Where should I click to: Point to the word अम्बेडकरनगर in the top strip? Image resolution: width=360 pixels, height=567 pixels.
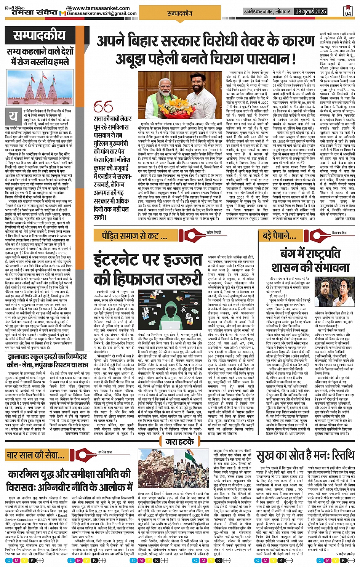coord(259,11)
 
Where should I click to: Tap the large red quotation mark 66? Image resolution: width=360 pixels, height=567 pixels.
coord(103,107)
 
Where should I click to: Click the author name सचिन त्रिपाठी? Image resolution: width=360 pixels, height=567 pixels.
coord(213,232)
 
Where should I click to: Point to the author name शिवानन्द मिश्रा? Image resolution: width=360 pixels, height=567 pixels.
coord(339,232)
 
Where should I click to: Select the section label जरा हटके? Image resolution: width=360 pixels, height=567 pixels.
coord(180,442)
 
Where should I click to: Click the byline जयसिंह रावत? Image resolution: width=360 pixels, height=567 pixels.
coord(105,452)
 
